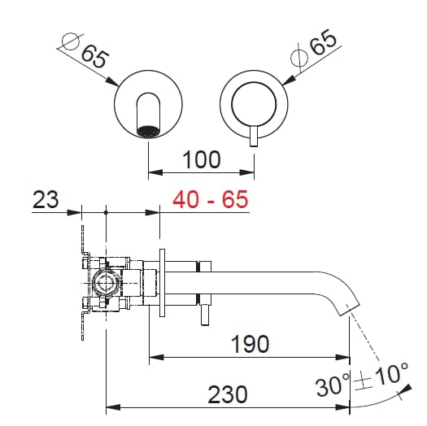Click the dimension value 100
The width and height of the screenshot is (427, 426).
(x=201, y=159)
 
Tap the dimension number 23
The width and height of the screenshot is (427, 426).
(x=46, y=199)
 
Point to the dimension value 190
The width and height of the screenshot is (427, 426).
(x=249, y=344)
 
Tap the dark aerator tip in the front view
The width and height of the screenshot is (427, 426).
(x=147, y=130)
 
